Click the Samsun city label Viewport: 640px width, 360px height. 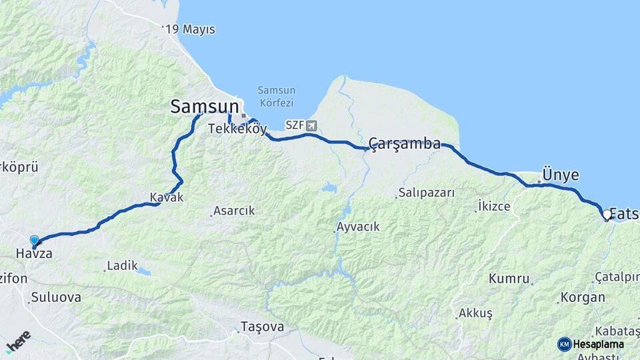click(204, 106)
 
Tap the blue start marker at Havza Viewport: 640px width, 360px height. click(34, 240)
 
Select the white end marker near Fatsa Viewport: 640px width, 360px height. click(607, 215)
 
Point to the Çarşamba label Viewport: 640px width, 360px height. click(405, 143)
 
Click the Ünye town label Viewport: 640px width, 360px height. click(560, 175)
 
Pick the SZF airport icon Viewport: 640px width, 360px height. click(311, 125)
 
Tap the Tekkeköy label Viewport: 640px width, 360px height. click(237, 129)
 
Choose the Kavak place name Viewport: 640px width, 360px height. click(166, 197)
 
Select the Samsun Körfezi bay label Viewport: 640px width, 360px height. click(277, 97)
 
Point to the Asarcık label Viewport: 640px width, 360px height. click(233, 211)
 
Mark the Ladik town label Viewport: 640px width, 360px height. click(122, 266)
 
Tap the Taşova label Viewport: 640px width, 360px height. click(262, 327)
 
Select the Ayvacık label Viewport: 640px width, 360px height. click(358, 227)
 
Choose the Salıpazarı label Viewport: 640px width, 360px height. click(426, 193)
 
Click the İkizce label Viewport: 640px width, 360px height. click(494, 207)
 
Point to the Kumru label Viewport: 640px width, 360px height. click(509, 279)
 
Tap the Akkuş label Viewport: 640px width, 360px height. click(475, 313)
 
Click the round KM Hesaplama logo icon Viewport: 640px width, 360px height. click(565, 344)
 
